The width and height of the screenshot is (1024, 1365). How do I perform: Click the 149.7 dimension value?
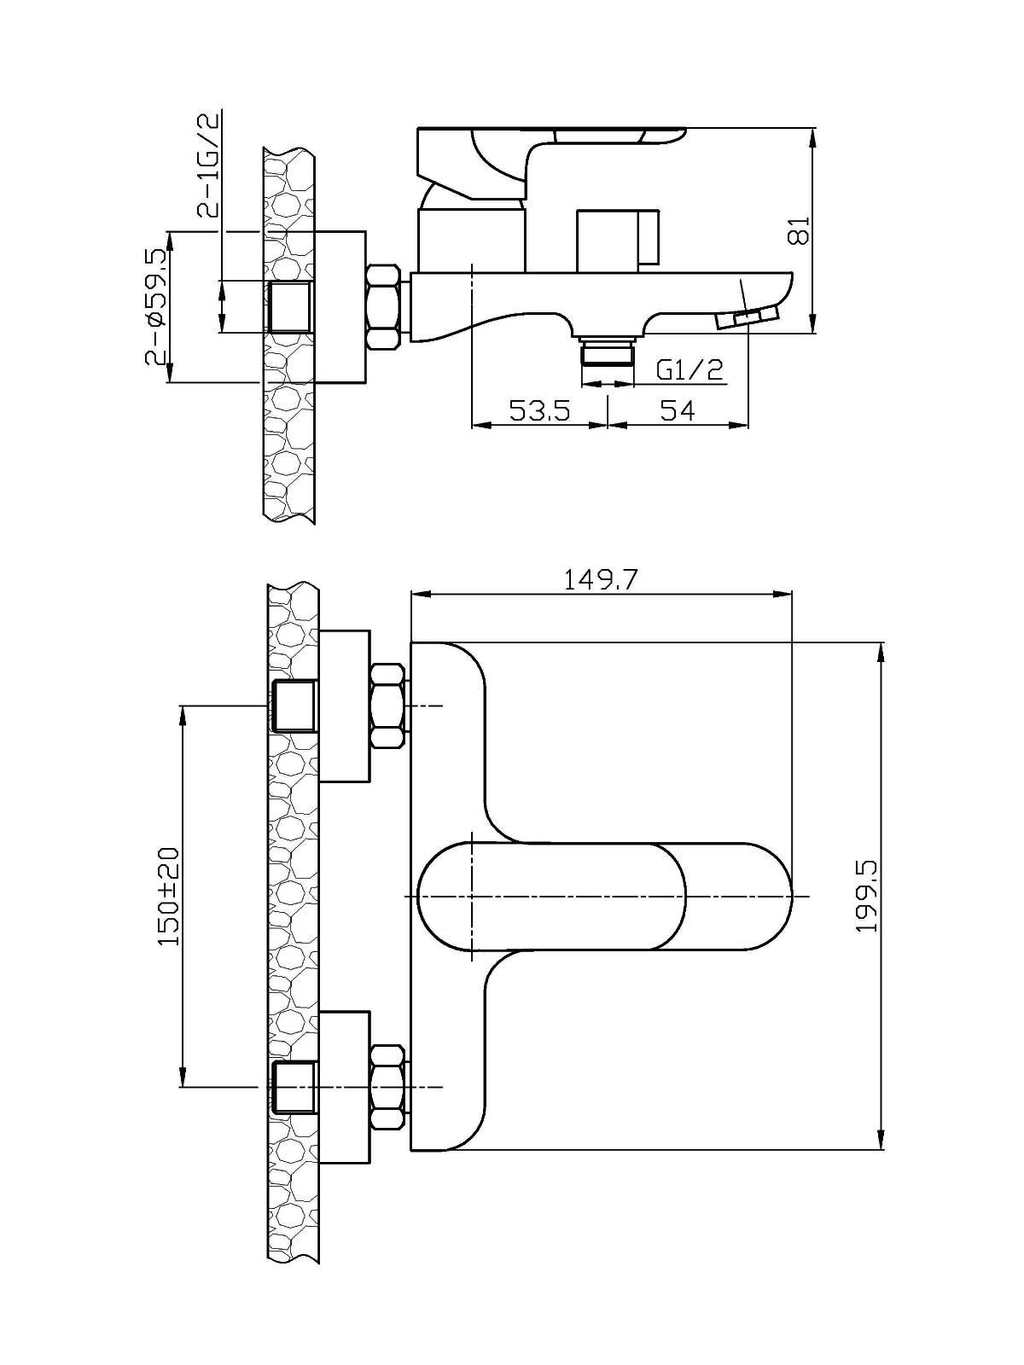point(600,580)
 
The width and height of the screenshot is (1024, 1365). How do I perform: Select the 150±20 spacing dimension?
point(168,895)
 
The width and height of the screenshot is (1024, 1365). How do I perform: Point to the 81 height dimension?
point(798,230)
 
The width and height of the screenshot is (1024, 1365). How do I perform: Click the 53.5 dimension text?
point(539,410)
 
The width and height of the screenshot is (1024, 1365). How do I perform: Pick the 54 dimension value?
point(678,410)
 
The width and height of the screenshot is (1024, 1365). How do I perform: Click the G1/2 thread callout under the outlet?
point(689,369)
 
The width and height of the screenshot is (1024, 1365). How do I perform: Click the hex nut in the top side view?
point(384,307)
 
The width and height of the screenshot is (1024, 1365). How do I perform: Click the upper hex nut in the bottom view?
point(387,706)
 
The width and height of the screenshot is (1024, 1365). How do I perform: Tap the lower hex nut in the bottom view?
point(387,1087)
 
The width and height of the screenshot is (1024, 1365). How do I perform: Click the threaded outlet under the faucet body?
point(607,350)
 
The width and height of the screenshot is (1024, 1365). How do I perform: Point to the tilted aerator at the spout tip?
point(746,318)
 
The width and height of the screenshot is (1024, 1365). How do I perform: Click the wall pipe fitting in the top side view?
point(290,307)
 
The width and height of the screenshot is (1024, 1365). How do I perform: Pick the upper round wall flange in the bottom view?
point(345,706)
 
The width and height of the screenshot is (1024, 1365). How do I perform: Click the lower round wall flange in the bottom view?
point(345,1087)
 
